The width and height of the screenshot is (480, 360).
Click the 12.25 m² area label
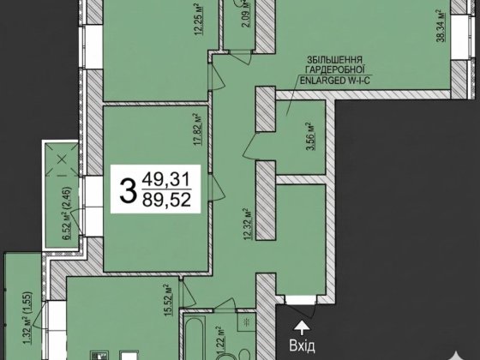(x=199, y=20)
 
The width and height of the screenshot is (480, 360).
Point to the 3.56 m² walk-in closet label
(x=312, y=136)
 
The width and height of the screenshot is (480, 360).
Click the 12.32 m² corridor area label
(x=248, y=225)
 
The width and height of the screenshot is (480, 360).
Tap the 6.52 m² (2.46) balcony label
(x=68, y=213)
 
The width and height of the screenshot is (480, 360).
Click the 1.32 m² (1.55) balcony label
(x=27, y=317)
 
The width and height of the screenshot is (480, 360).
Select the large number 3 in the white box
(x=128, y=191)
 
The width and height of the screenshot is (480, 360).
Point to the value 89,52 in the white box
(x=166, y=200)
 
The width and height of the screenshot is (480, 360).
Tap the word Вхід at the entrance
(x=302, y=345)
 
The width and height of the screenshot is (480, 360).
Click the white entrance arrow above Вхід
(x=302, y=328)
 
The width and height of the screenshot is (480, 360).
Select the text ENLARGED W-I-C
(x=335, y=81)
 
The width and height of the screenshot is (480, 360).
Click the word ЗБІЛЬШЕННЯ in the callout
(x=335, y=59)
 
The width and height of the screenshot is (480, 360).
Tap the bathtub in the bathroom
(x=195, y=337)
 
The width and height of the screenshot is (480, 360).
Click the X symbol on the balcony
(x=62, y=159)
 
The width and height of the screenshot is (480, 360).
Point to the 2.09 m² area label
(x=245, y=14)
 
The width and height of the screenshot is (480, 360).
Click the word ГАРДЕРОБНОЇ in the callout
(x=335, y=69)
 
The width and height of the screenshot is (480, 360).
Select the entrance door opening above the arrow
(x=301, y=300)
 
